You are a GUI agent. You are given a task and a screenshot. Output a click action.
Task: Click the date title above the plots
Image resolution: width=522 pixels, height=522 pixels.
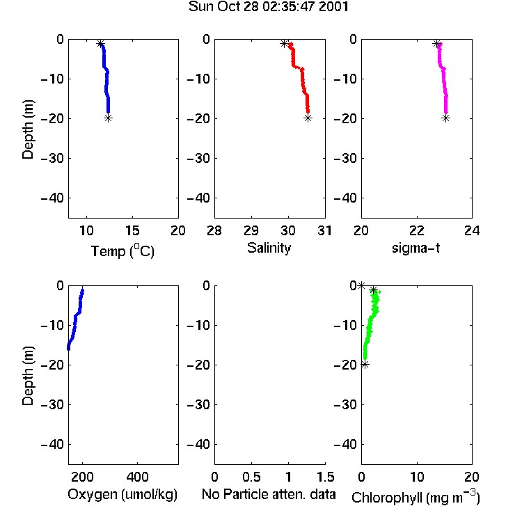pos(269,6)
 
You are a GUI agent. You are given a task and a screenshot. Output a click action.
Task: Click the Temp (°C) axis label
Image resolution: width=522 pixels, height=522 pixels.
pos(122,251)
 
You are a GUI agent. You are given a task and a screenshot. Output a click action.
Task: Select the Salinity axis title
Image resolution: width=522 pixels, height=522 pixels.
pos(269,248)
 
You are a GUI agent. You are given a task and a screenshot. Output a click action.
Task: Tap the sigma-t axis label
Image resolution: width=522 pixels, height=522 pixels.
pos(416,248)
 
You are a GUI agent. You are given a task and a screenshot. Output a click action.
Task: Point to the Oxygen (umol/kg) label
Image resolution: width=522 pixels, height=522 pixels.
pos(122,494)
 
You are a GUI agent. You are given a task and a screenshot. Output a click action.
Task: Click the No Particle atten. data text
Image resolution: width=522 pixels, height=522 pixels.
pos(269,494)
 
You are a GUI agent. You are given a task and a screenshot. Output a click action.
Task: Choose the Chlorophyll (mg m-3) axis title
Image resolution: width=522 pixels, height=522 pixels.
pos(416,496)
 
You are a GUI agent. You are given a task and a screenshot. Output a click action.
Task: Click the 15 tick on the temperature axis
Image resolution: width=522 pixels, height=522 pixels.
pos(132,230)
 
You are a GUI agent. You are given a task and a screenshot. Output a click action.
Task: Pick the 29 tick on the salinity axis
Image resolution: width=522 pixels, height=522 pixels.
pos(251,230)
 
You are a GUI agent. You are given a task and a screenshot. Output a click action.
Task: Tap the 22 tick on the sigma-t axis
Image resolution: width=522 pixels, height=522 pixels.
pos(417,230)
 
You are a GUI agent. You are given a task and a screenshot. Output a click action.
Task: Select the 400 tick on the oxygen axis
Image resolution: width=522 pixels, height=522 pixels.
pos(138,477)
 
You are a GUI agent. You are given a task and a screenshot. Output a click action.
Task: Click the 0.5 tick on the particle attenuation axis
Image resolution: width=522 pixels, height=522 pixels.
pos(251,477)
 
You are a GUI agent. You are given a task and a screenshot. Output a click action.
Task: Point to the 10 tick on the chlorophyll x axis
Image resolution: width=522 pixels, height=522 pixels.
pos(417,477)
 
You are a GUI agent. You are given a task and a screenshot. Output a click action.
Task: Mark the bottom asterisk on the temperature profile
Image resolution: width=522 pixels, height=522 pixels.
pos(108,118)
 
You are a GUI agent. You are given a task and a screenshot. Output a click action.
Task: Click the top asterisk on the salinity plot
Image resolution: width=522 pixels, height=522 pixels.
pos(284,44)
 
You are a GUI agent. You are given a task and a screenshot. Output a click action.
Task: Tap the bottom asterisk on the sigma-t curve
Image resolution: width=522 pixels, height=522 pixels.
pos(445,118)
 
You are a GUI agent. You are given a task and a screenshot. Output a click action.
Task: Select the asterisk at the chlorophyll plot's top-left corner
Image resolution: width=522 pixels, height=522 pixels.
pos(361,285)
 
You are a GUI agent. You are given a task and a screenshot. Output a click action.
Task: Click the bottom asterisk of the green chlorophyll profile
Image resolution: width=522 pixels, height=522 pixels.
pos(365,365)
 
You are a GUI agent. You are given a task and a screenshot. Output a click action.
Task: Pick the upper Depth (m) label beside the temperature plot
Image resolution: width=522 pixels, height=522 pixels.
pos(28,129)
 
